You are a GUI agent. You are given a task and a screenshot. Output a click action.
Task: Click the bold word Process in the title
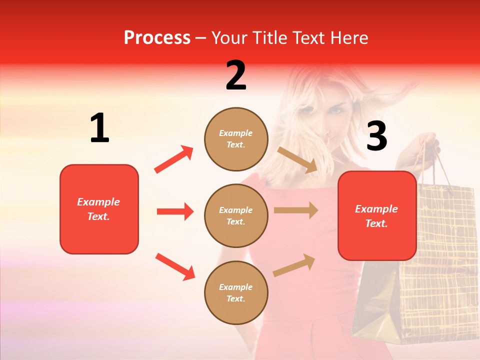click(157, 38)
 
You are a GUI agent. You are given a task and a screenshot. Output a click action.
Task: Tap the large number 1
click(99, 128)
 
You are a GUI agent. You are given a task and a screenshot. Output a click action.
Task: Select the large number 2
click(236, 75)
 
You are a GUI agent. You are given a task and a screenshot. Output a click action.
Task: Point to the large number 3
click(376, 136)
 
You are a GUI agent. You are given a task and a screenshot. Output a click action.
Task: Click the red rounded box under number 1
click(99, 209)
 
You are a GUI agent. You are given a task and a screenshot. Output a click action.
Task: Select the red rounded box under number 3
click(377, 215)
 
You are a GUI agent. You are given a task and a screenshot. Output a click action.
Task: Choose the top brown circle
click(236, 139)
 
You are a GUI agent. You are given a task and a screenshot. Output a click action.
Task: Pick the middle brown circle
click(236, 215)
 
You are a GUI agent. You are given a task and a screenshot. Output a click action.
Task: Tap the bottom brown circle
click(236, 292)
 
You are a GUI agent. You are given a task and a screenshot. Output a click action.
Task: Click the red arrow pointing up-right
click(174, 159)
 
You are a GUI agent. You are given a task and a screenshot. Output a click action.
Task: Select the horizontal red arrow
click(175, 211)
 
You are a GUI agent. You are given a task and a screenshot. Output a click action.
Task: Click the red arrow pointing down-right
click(175, 266)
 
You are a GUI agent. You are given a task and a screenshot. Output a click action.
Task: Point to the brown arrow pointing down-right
click(297, 160)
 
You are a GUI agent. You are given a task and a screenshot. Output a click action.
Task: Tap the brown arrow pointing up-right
click(294, 265)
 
